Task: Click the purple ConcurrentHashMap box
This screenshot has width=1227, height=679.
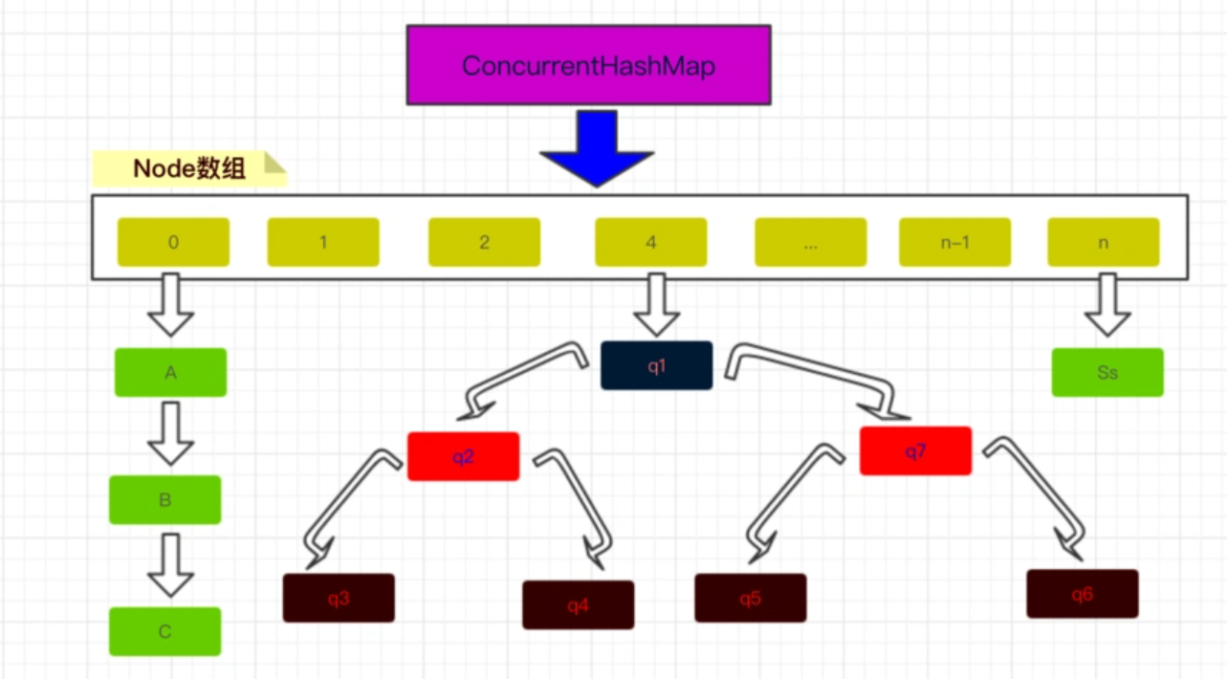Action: pyautogui.click(x=588, y=65)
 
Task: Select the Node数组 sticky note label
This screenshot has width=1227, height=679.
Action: pyautogui.click(x=189, y=168)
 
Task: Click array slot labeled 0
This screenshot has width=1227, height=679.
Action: pyautogui.click(x=173, y=242)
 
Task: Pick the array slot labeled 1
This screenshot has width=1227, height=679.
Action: pyautogui.click(x=323, y=242)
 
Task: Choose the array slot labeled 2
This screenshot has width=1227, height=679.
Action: pyautogui.click(x=484, y=242)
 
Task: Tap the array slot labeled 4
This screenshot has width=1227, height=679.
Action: pyautogui.click(x=650, y=242)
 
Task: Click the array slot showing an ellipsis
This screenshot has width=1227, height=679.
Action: pyautogui.click(x=810, y=242)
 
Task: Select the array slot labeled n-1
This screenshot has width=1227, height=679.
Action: pyautogui.click(x=954, y=242)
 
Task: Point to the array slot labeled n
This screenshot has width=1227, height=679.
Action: pyautogui.click(x=1103, y=242)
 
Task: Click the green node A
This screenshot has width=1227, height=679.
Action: pyautogui.click(x=170, y=372)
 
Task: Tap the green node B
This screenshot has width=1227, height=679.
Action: pyautogui.click(x=164, y=499)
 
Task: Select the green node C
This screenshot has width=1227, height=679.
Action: pyautogui.click(x=164, y=631)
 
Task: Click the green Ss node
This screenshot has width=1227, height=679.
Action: pyautogui.click(x=1107, y=372)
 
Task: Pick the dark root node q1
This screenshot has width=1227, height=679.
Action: pyautogui.click(x=656, y=365)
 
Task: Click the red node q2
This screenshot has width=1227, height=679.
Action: pyautogui.click(x=463, y=456)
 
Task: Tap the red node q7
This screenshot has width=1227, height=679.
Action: pyautogui.click(x=915, y=450)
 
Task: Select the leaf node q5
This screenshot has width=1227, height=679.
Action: pyautogui.click(x=750, y=598)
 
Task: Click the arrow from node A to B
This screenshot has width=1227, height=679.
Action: pyautogui.click(x=170, y=432)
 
